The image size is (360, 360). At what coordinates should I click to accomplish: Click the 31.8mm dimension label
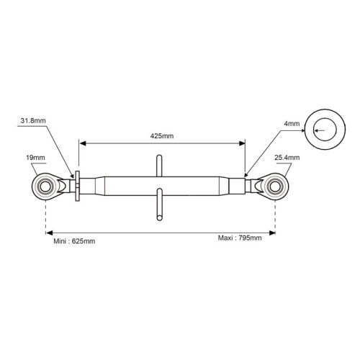coord(33,120)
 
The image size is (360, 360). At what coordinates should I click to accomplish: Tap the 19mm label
coord(35,158)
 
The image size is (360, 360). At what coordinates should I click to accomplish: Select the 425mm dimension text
coord(162,136)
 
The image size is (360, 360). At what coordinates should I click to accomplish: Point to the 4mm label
coord(292,124)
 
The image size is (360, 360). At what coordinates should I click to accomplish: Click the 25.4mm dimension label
coord(287,158)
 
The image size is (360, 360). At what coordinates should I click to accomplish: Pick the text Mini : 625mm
coord(74,241)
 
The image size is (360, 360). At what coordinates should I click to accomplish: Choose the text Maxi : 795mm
coord(240,238)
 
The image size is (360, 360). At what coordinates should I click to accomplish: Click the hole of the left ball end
coord(45,186)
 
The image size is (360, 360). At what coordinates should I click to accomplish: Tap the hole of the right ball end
coord(275,186)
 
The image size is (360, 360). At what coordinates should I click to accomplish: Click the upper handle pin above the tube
coord(159,166)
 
